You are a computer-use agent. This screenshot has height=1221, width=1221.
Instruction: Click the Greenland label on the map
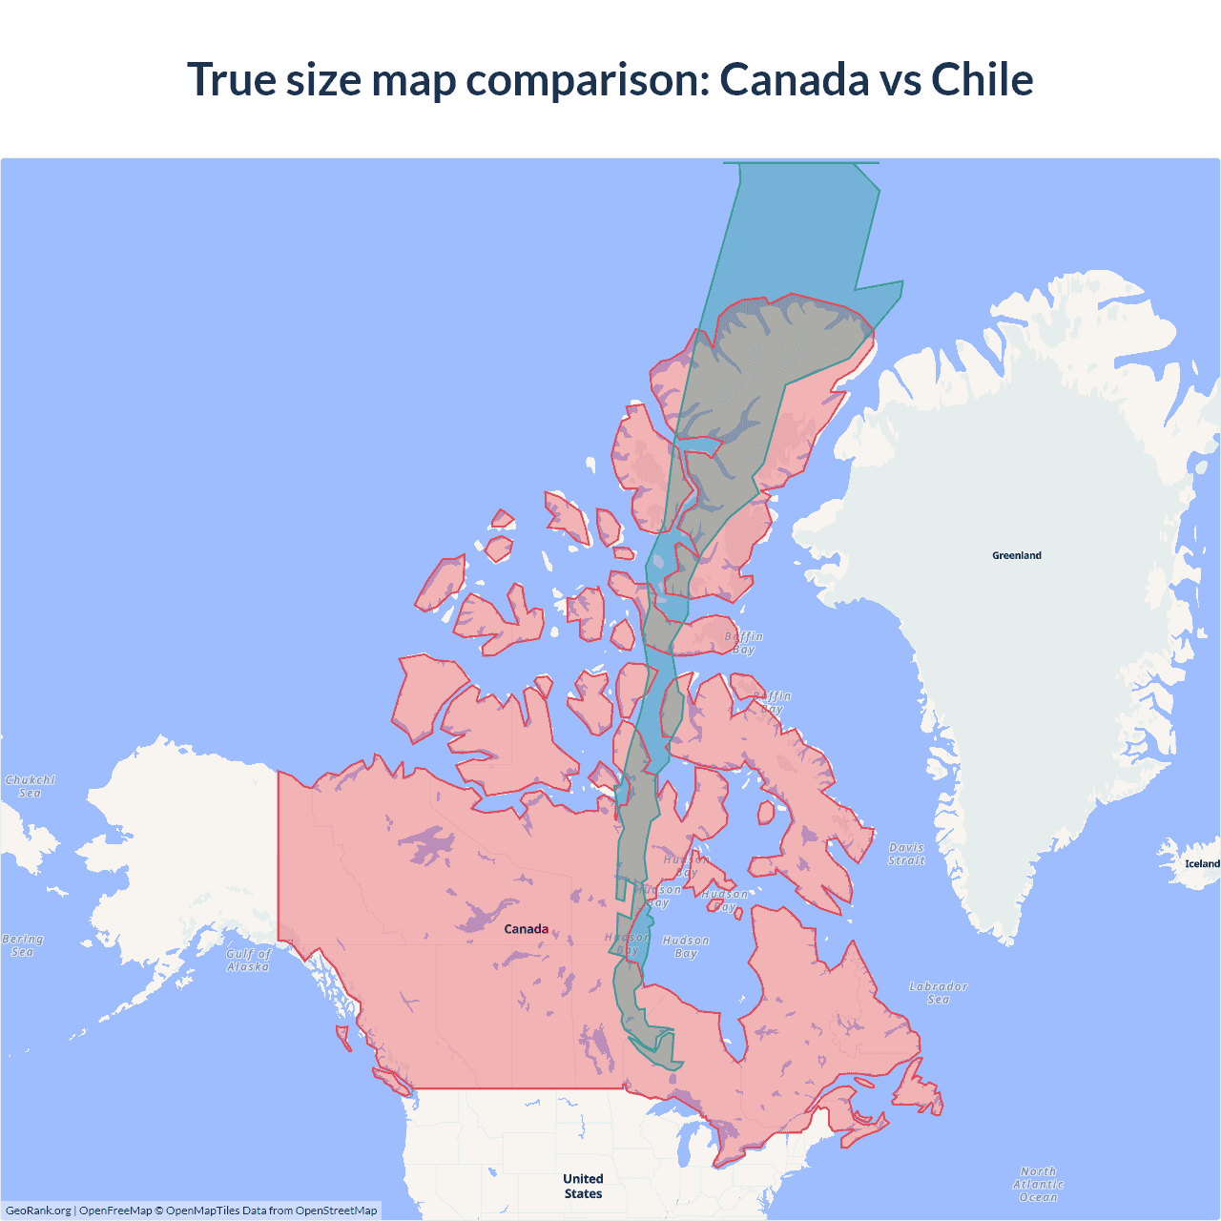[x=1017, y=555]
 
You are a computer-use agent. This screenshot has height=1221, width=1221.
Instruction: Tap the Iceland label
[x=1202, y=864]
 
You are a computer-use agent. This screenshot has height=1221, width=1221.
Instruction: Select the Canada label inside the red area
[x=526, y=929]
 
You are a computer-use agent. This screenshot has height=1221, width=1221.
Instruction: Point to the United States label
[x=583, y=1186]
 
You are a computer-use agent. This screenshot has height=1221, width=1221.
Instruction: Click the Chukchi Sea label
[x=31, y=786]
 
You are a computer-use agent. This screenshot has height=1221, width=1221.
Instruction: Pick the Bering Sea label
[x=23, y=945]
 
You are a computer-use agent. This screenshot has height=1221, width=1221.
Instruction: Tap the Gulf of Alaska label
[x=248, y=960]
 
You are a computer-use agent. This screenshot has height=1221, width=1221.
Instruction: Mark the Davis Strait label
[x=906, y=854]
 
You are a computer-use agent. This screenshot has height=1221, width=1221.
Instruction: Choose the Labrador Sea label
[x=938, y=992]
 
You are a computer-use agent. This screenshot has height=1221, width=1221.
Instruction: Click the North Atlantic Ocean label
[x=1038, y=1184]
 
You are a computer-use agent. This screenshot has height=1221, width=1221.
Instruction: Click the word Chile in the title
[x=982, y=79]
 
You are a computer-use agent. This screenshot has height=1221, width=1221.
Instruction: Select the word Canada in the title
[x=794, y=79]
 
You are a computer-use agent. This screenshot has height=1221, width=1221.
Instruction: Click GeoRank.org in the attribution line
[x=38, y=1211]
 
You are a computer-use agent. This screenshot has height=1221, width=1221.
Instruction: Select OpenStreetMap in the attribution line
[x=336, y=1211]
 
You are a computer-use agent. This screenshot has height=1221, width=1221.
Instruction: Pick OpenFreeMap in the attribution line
[x=115, y=1211]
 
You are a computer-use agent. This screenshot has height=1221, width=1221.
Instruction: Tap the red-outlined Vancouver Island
[x=391, y=1081]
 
